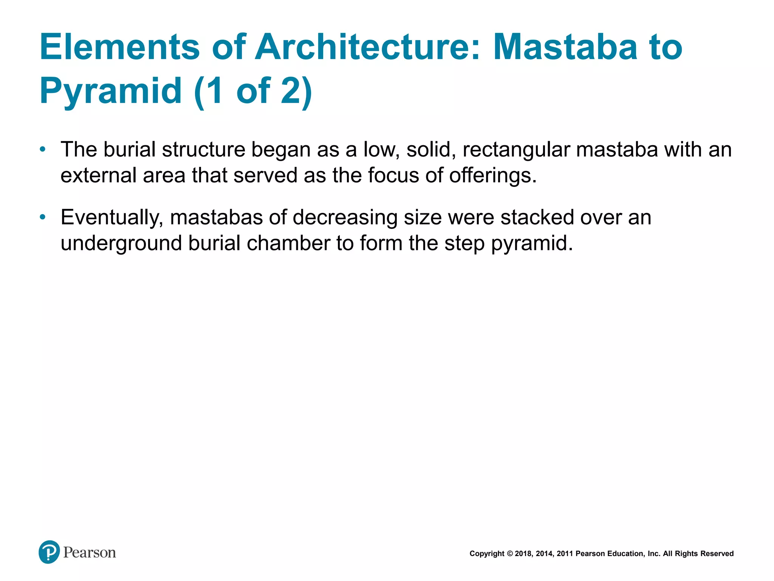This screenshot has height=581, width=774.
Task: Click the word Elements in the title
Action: click(119, 47)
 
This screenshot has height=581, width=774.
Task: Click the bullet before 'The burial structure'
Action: click(43, 149)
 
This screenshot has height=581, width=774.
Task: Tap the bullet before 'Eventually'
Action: click(43, 217)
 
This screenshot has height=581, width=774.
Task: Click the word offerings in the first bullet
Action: click(493, 176)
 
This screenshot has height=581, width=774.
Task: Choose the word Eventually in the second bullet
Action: click(112, 218)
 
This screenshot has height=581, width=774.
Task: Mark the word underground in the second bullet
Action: click(121, 243)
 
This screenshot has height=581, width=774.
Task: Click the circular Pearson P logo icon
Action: click(49, 552)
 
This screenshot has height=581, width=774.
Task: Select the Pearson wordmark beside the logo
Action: click(90, 553)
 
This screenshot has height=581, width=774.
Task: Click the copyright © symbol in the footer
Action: click(510, 554)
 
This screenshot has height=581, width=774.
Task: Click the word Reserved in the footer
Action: click(717, 554)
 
